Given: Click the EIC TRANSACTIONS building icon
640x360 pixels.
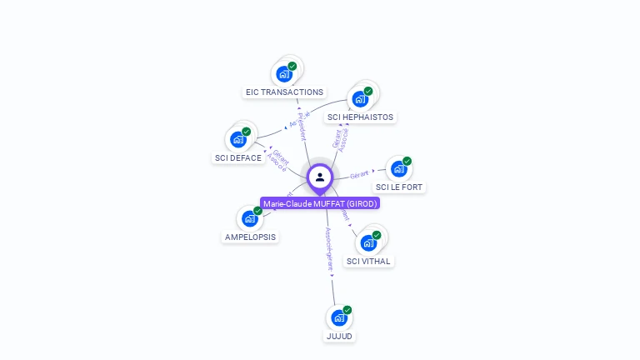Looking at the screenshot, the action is coord(284,73).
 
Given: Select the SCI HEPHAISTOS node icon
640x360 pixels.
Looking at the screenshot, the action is coord(360,99).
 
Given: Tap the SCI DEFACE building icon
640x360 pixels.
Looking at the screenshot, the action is coord(238,139).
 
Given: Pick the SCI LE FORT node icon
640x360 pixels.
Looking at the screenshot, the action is coord(399,168).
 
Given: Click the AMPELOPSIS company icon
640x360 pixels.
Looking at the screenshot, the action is coord(249,218).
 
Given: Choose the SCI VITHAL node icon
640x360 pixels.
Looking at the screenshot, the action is coord(368,242).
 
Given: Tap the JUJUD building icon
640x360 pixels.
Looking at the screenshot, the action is coord(338,317).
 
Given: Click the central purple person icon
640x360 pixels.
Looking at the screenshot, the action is coord(320,177).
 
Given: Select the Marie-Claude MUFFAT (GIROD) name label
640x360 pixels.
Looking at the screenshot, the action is coord(320,203).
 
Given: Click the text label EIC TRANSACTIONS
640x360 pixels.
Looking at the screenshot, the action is coord(284,92).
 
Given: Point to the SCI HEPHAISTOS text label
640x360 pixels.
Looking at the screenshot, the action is coord(360,117).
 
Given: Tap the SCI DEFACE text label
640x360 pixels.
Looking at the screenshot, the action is coord(238,157).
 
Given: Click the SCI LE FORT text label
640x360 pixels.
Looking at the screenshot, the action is coord(399,187).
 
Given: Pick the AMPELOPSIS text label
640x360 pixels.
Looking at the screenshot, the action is coord(250,237).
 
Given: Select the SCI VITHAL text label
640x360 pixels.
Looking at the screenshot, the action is coord(368,261).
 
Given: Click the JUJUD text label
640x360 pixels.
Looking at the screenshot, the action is coord(339,336).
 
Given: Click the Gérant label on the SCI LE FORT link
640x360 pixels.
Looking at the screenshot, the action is coord(359,174).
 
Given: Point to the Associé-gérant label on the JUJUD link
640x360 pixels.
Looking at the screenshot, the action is coord(329,250).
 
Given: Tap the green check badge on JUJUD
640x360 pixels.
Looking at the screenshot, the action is coord(347,310).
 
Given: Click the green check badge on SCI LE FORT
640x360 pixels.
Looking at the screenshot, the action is coord(407,161).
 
